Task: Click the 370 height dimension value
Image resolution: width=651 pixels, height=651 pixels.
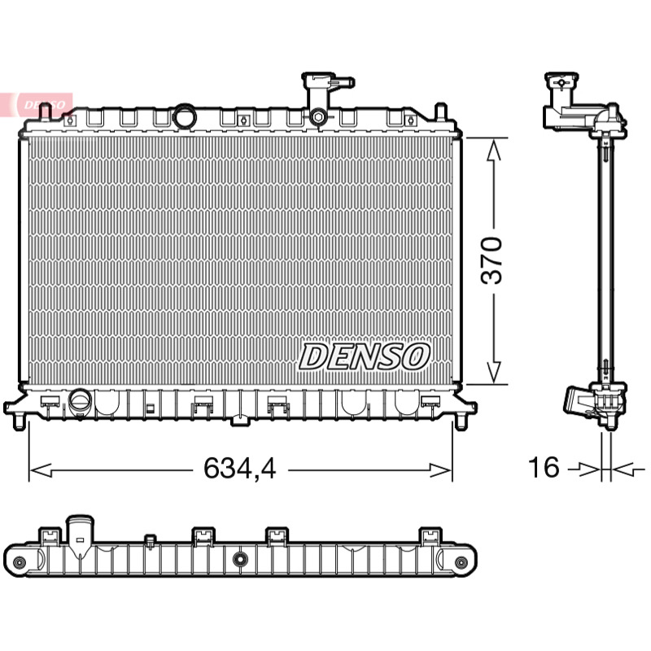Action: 492,260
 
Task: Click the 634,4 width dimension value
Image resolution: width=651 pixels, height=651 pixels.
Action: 239,469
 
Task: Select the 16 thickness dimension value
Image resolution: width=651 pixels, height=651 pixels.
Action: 544,467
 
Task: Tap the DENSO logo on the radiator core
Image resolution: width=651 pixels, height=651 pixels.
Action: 364,356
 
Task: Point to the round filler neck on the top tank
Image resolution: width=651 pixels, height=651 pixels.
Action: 184,117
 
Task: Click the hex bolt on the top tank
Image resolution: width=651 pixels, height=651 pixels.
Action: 318,116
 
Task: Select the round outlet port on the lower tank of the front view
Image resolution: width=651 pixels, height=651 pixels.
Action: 80,401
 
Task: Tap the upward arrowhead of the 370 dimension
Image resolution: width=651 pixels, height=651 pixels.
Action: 493,150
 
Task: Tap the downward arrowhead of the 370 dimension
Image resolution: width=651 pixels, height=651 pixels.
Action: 493,372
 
